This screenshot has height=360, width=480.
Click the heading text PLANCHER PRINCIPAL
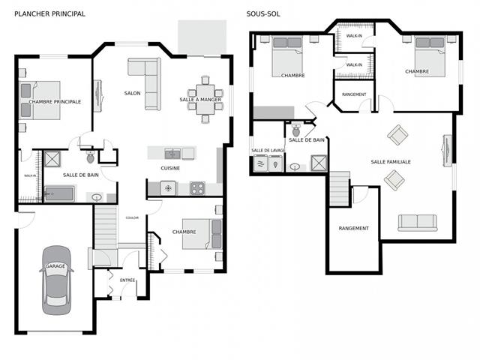tap(49, 13)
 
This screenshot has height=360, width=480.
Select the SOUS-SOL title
tap(263, 13)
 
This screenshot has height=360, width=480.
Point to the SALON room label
tap(132, 93)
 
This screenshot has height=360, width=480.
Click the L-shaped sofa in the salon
tap(146, 78)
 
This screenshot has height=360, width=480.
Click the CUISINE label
tap(170, 168)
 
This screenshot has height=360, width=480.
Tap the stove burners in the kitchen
tap(197, 187)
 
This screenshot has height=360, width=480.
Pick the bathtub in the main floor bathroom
tap(58, 193)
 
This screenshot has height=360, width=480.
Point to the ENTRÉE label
tap(127, 280)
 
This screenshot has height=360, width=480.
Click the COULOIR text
tap(132, 217)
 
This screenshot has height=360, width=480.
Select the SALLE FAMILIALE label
tap(390, 161)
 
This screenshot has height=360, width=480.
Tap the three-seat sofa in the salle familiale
tap(417, 223)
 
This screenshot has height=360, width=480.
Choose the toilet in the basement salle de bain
tap(295, 129)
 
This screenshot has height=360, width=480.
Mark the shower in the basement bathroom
tap(319, 162)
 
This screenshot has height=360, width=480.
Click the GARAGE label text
tap(56, 266)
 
